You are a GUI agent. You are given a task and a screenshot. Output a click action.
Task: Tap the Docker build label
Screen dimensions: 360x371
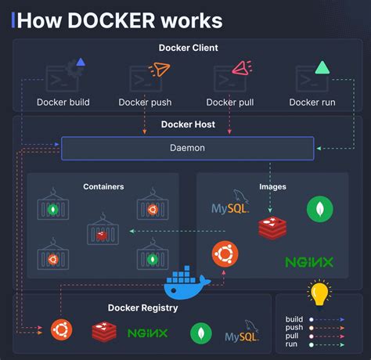point(63,102)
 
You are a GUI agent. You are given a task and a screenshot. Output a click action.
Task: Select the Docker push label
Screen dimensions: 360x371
point(145,102)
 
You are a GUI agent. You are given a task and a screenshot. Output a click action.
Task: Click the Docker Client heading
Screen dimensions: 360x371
point(188,49)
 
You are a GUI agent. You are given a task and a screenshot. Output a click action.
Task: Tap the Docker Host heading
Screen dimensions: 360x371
point(188,124)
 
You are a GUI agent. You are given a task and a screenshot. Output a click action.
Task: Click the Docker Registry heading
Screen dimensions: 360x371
point(142,308)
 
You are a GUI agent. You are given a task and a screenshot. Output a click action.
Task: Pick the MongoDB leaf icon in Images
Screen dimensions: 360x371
point(319,208)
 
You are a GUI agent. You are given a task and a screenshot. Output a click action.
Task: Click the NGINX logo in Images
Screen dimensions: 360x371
point(309,261)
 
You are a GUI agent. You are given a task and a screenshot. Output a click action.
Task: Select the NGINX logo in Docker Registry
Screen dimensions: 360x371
point(147,333)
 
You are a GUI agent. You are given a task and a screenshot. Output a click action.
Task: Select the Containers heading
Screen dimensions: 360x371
point(103,187)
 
